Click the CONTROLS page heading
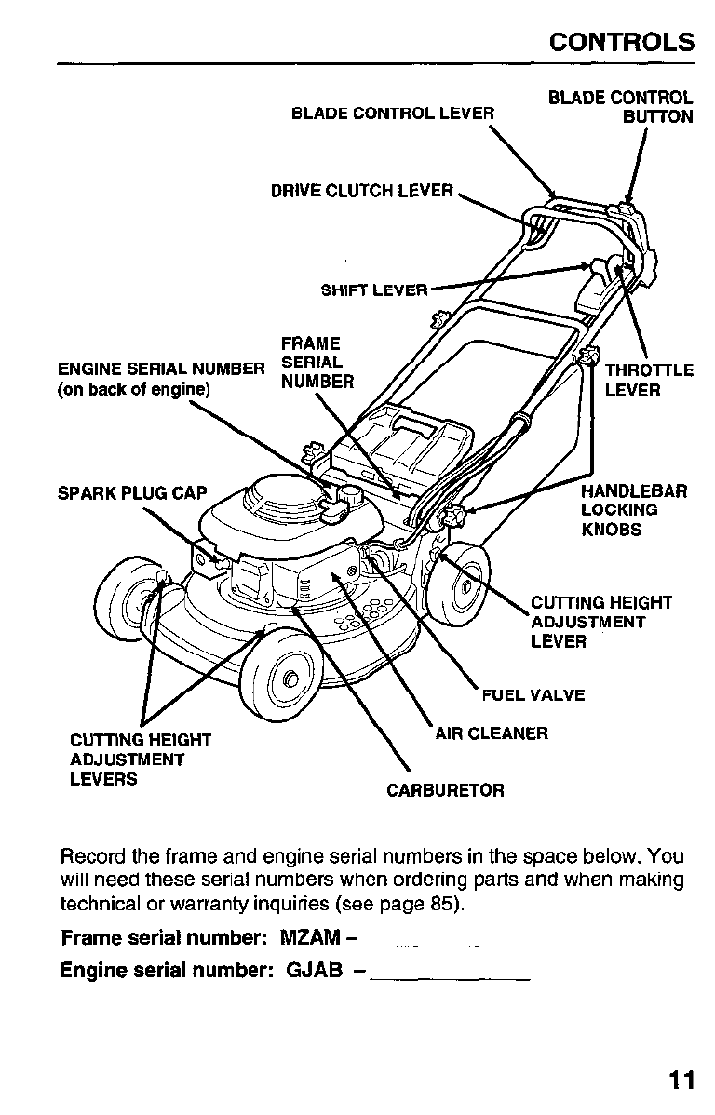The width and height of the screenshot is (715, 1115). (x=622, y=42)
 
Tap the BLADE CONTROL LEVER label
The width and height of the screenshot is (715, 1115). (x=392, y=114)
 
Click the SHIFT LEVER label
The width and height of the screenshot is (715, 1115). (x=374, y=289)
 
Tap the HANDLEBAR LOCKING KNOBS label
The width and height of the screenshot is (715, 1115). (x=633, y=510)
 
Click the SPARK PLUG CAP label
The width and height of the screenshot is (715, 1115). (x=132, y=492)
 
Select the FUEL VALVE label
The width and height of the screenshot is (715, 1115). (x=533, y=695)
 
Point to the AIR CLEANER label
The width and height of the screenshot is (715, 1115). (x=492, y=733)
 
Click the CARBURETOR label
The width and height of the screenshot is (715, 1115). (x=445, y=790)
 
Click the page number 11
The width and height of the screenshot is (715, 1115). (x=681, y=1080)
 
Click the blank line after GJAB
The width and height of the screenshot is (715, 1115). (x=451, y=974)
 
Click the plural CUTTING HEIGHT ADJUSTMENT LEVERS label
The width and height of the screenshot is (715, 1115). (x=141, y=759)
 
